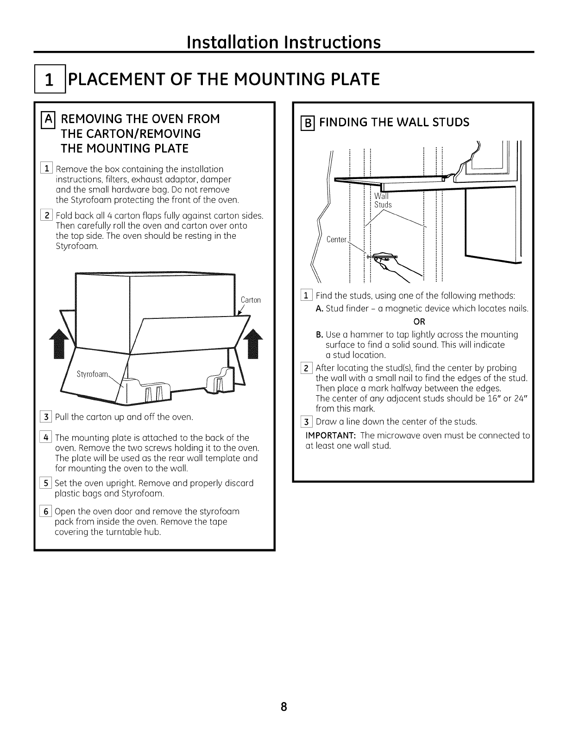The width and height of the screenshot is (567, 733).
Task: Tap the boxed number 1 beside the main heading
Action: pyautogui.click(x=49, y=80)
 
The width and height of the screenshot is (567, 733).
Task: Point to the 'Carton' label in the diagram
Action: pyautogui.click(x=251, y=300)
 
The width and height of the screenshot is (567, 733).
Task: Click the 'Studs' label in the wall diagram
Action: pyautogui.click(x=383, y=205)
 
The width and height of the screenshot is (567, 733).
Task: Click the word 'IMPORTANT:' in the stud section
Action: pyautogui.click(x=330, y=435)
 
